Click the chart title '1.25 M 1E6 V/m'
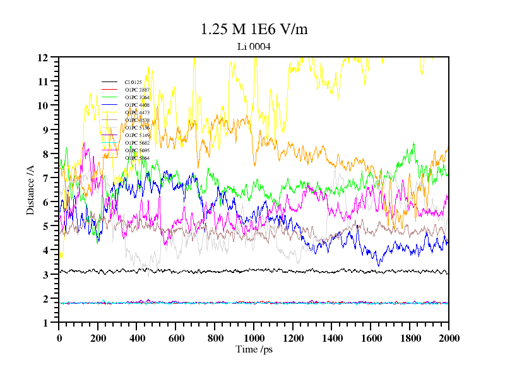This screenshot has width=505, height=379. click(254, 29)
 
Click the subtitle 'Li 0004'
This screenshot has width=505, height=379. click(254, 46)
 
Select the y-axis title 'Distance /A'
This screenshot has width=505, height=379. click(30, 190)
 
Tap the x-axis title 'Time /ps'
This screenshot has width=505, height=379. click(254, 349)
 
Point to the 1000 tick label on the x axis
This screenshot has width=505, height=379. click(254, 337)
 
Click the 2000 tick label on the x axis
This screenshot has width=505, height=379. click(448, 337)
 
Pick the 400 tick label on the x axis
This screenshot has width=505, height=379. click(137, 337)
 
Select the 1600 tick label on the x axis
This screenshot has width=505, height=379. click(371, 337)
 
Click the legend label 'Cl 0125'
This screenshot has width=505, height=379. click(133, 82)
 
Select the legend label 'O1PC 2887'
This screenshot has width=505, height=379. click(137, 90)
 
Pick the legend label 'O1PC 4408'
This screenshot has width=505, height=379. click(137, 105)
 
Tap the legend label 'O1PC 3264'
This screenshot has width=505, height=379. click(137, 97)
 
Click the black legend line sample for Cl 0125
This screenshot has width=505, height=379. click(110, 82)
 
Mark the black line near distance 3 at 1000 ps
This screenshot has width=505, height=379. click(254, 270)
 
